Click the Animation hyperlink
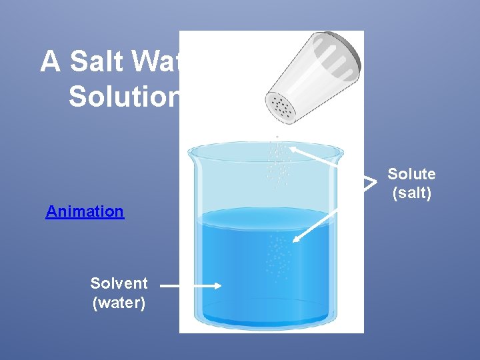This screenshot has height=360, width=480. click(85, 211)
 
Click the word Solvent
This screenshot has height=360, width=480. click(119, 283)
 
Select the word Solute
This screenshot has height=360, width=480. click(411, 174)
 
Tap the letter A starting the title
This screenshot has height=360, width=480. click(49, 62)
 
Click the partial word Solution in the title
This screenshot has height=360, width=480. click(124, 97)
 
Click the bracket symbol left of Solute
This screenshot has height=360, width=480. click(369, 182)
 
